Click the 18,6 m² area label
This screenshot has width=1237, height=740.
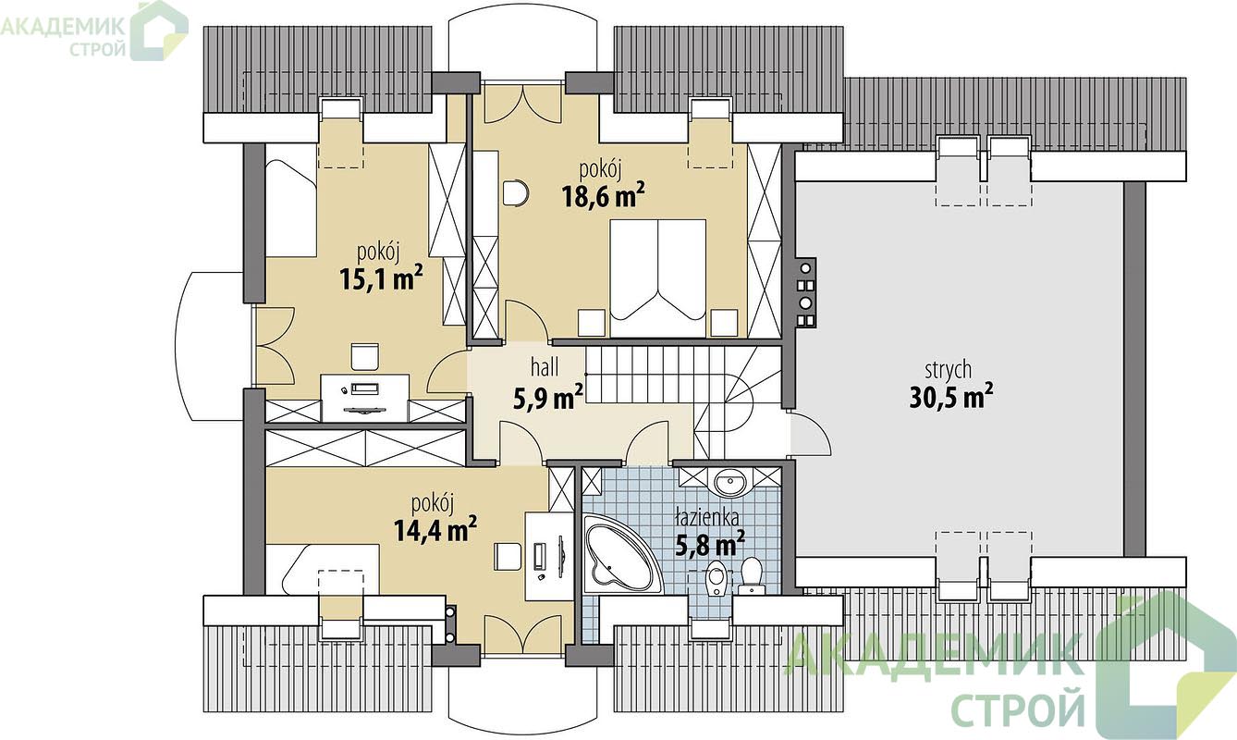point(603,196)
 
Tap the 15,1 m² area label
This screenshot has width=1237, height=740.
point(381,278)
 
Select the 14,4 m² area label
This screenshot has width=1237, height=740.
point(435,529)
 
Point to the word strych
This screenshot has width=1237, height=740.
point(949,370)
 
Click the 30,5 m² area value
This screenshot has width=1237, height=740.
point(951,397)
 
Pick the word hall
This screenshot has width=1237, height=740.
point(545,366)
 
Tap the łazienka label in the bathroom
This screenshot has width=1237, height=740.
point(707,518)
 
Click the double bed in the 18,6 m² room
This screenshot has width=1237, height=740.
point(657,278)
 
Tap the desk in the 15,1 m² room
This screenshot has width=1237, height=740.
point(365,398)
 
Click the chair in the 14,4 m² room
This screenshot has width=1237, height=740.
point(508,557)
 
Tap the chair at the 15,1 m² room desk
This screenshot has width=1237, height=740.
point(365,357)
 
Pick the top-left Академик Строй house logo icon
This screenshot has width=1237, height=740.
point(159,31)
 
